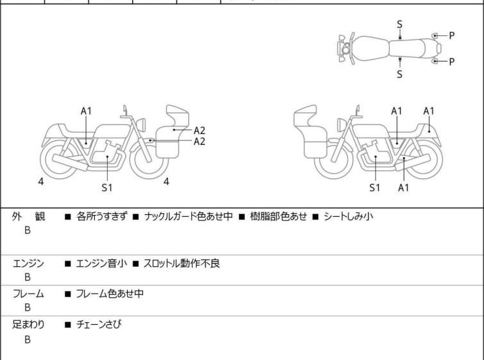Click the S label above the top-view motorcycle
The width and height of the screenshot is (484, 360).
click(x=399, y=24)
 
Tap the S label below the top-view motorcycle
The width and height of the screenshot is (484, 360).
click(x=399, y=74)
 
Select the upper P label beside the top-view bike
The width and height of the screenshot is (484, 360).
click(x=451, y=35)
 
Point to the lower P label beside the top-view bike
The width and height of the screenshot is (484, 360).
click(x=451, y=62)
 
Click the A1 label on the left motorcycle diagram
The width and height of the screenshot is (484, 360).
click(x=86, y=111)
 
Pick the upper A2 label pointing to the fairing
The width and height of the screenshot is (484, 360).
click(x=199, y=130)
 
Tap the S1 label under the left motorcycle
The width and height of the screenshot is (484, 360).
click(x=107, y=187)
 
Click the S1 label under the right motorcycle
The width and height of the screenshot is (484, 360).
click(x=375, y=187)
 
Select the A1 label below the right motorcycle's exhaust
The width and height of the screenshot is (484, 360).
click(x=403, y=187)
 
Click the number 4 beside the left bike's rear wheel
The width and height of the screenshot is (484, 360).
click(x=41, y=182)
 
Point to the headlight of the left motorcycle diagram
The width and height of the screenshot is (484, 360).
click(x=141, y=124)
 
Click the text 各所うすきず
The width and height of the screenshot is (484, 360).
click(x=101, y=216)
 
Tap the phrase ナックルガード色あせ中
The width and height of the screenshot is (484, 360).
click(x=188, y=216)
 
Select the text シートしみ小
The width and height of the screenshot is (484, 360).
click(x=348, y=216)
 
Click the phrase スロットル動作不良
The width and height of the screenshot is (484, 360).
click(x=181, y=264)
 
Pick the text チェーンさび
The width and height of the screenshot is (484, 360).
click(x=99, y=325)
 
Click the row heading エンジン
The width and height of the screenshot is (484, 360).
click(x=28, y=264)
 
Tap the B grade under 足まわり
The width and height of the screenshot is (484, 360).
click(x=28, y=339)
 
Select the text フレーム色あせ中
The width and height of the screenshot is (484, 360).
click(x=110, y=293)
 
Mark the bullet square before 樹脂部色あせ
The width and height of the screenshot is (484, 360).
click(x=242, y=217)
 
